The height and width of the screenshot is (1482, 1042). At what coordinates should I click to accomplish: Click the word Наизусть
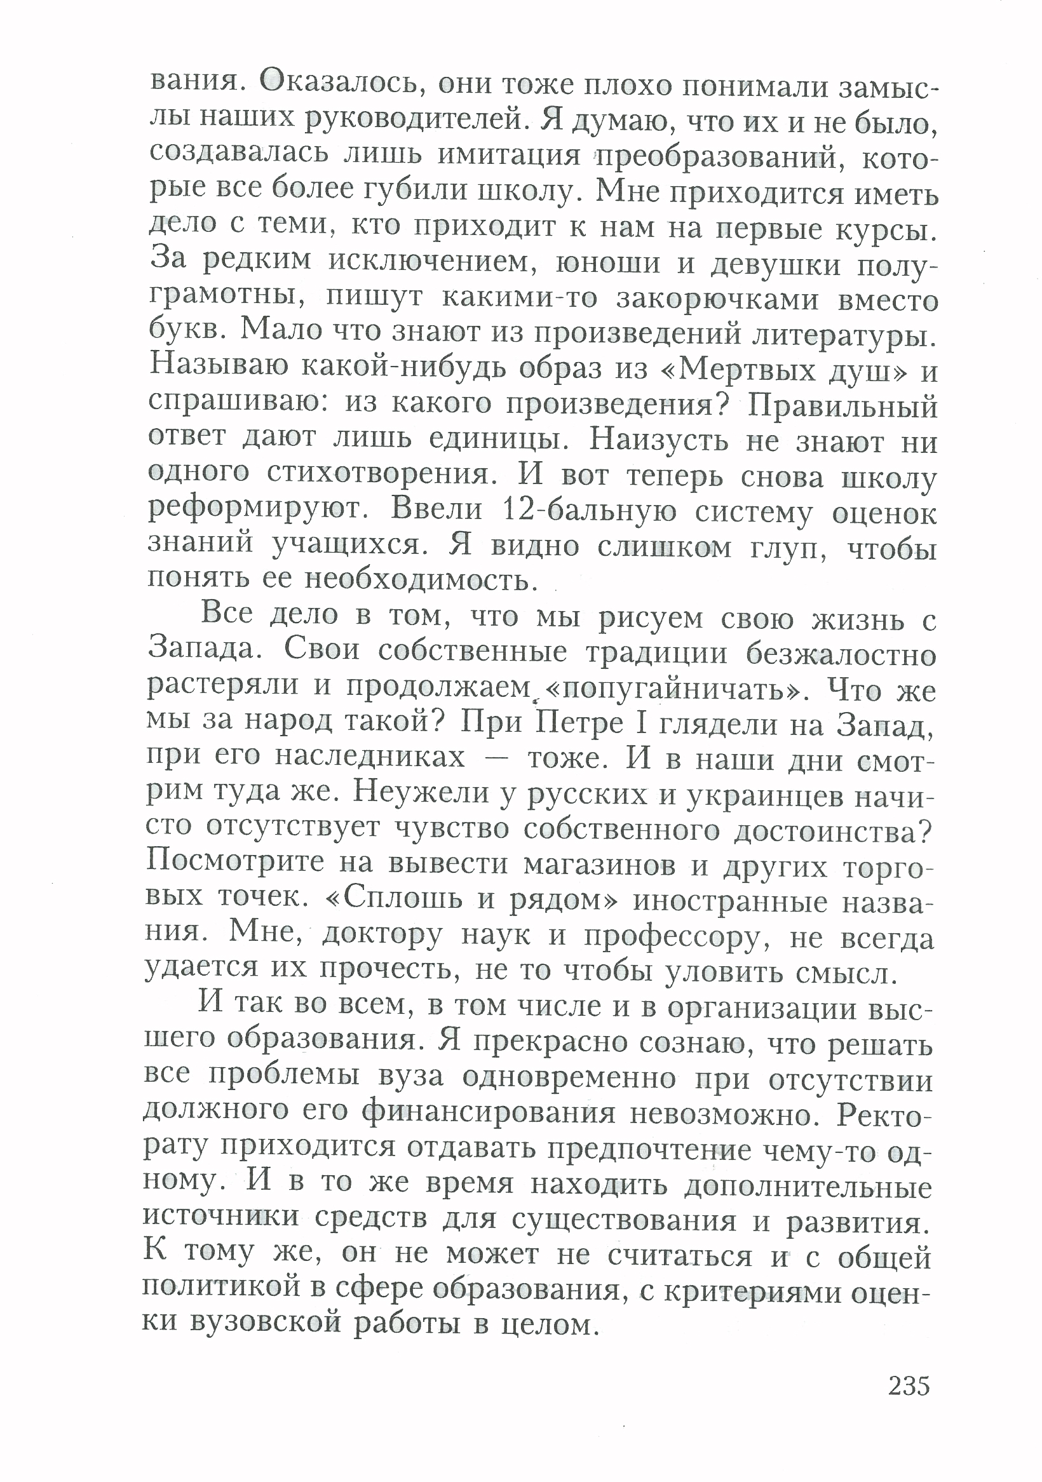pos(658,441)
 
